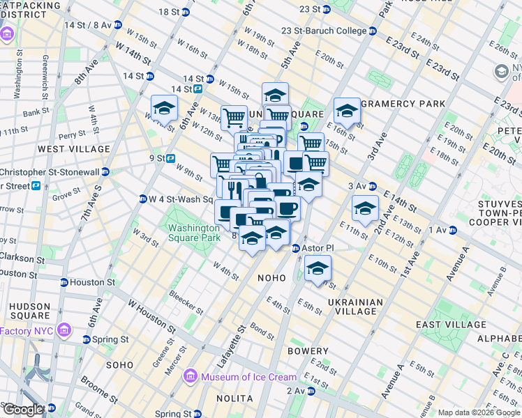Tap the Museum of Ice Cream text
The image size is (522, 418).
click(248, 377)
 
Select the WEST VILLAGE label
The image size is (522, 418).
click(74, 149)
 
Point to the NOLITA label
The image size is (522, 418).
click(234, 398)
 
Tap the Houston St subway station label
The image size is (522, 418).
click(92, 282)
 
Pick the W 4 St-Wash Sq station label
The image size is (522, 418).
click(180, 199)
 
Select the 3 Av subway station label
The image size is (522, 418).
click(357, 186)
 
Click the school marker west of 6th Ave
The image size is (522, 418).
click(164, 108)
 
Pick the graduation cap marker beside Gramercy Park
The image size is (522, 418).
click(347, 111)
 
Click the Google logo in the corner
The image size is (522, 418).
click(23, 410)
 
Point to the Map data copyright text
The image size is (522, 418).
click(478, 412)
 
